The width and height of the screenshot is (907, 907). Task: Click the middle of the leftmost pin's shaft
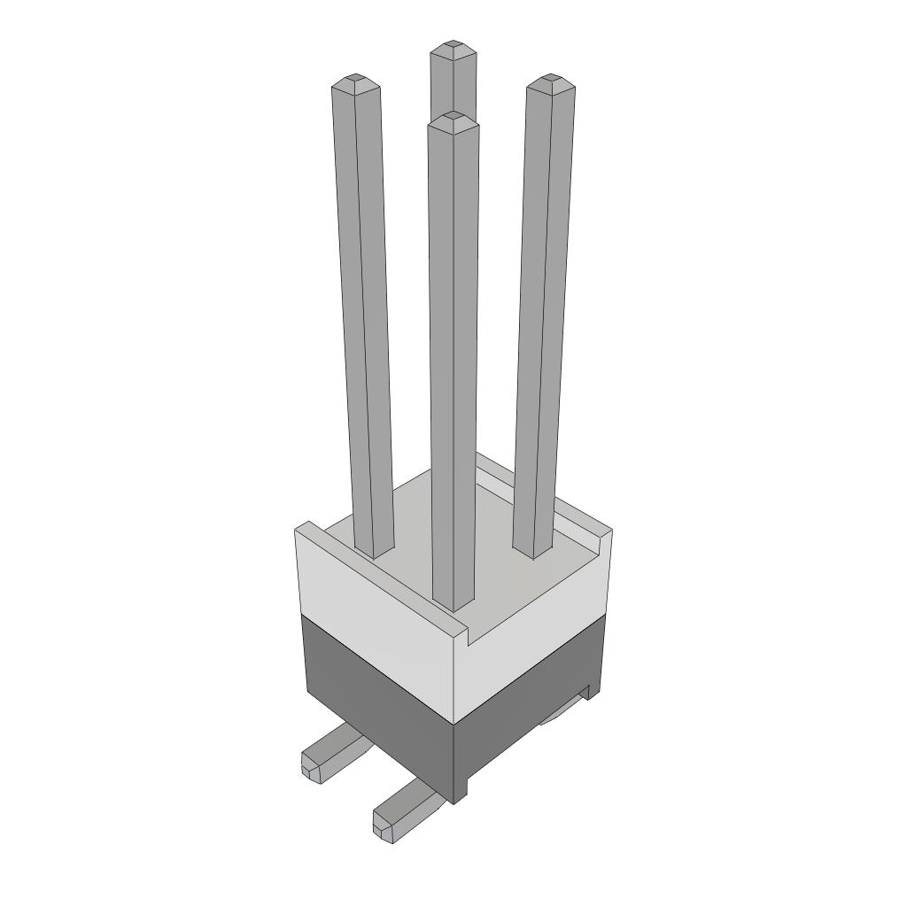364,319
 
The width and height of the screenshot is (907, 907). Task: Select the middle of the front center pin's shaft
453,363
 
